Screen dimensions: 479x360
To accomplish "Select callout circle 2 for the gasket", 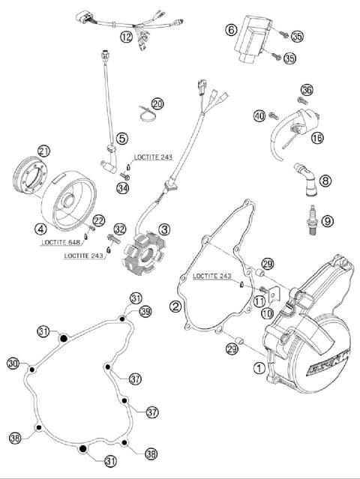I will (175, 306).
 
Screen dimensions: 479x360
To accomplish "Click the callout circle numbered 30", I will (13, 364).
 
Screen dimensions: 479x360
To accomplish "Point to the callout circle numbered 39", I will (145, 311).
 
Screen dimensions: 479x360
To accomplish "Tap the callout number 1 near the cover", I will (259, 367).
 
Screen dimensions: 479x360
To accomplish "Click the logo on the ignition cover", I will (329, 365).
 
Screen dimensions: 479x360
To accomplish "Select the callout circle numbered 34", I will (122, 188).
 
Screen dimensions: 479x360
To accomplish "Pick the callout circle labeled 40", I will (258, 115).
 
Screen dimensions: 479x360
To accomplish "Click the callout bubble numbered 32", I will (120, 229).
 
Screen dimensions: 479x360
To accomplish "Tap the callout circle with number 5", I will (121, 138).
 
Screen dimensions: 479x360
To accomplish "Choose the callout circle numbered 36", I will (305, 90).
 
